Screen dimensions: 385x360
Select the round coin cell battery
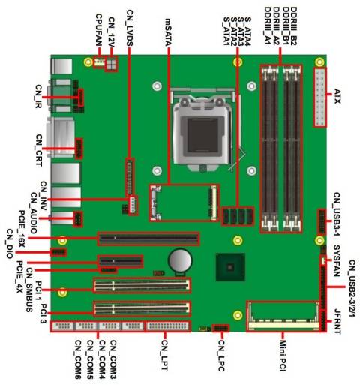coord(181,260)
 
